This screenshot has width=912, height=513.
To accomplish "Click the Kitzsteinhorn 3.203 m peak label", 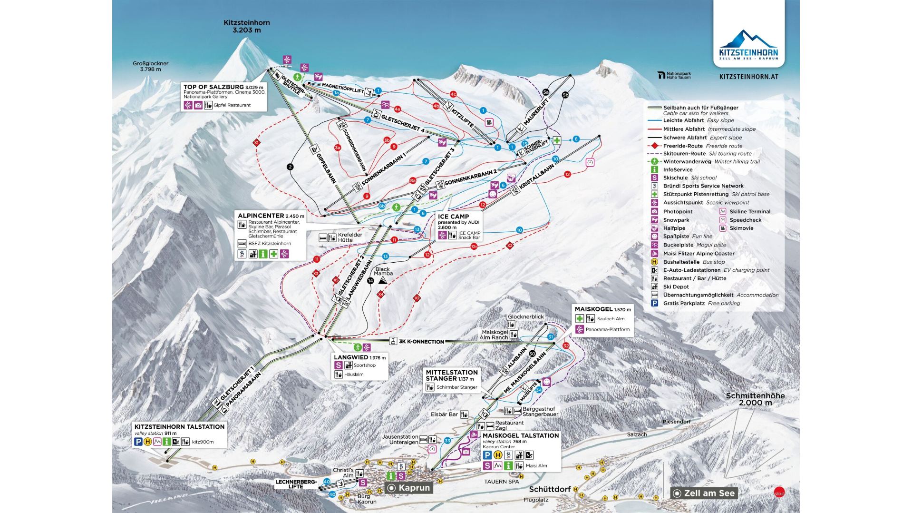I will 246,26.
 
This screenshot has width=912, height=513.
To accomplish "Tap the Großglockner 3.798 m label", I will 150,66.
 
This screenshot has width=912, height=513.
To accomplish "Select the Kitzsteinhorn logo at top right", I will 748,45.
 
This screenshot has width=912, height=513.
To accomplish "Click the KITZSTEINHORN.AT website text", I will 748,77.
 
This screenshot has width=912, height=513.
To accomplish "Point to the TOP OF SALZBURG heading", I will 213,87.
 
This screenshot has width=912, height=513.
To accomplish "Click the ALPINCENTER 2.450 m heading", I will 271,216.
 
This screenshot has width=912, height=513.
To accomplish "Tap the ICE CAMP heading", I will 453,216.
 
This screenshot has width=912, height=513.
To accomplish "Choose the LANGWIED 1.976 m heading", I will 359,357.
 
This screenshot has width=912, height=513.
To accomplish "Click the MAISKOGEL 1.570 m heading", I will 602,309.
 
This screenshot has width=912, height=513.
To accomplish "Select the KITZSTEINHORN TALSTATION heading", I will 179,427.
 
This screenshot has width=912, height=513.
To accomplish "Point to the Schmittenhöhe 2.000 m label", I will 755,399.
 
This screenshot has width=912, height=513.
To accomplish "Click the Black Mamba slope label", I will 383,271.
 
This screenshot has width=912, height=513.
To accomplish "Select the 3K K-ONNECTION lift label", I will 421,342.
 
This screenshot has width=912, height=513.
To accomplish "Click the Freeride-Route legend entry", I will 683,146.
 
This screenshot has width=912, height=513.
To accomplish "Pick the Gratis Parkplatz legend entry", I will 684,303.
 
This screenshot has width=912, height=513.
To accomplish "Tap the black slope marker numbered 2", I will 290,167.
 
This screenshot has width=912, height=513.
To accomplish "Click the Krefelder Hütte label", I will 350,237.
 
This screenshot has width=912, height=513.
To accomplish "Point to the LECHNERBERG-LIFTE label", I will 296,484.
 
